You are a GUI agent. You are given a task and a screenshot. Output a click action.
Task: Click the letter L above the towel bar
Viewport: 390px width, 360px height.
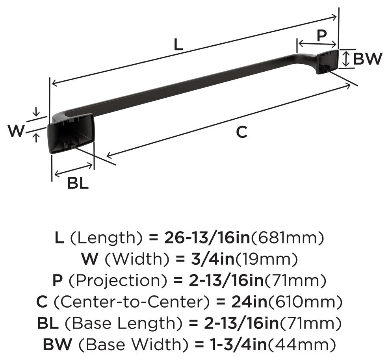pyautogui.click(x=178, y=45)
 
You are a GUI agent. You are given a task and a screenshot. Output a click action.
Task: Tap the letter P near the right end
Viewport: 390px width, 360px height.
pyautogui.click(x=322, y=35)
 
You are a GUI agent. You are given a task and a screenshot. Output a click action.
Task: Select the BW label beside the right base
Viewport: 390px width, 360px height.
pyautogui.click(x=368, y=59)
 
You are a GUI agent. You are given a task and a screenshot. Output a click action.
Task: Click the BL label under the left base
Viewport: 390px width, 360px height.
pyautogui.click(x=78, y=184)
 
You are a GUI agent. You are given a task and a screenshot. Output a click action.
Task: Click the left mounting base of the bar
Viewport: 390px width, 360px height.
pyautogui.click(x=71, y=134)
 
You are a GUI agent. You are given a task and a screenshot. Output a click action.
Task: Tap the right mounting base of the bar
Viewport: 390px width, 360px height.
pyautogui.click(x=327, y=62)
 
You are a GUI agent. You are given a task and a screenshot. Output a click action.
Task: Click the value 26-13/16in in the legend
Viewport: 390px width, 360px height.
pyautogui.click(x=207, y=238)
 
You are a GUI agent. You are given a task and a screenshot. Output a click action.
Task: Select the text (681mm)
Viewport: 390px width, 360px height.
pyautogui.click(x=288, y=238)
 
